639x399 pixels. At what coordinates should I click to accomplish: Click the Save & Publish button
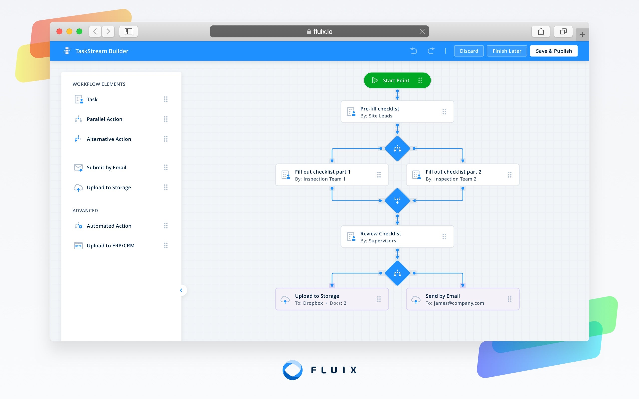[553, 51]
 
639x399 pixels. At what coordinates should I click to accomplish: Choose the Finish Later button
[506, 51]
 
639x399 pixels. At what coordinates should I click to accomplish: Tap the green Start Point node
[397, 80]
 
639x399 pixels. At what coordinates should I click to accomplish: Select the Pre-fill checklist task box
[397, 112]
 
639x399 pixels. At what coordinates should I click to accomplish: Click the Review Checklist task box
[397, 237]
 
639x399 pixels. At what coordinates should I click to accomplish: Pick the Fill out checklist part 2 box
[462, 175]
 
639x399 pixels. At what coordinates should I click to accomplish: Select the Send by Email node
[462, 299]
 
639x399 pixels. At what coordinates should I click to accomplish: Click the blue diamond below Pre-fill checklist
[397, 149]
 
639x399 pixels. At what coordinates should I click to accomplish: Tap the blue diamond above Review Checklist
[397, 200]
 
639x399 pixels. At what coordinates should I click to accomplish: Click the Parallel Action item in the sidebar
[104, 119]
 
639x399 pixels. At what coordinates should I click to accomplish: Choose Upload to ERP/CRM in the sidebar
[110, 246]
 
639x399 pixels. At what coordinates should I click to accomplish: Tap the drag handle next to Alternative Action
[165, 139]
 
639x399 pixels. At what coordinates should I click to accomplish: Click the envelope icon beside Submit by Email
[78, 168]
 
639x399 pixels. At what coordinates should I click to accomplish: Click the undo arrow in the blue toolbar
[414, 51]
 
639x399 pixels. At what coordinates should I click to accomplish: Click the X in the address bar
[422, 32]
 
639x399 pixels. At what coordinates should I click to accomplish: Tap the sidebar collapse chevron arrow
[181, 290]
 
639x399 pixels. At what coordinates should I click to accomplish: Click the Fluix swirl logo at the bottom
[292, 370]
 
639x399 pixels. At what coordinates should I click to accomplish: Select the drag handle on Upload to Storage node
[379, 299]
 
